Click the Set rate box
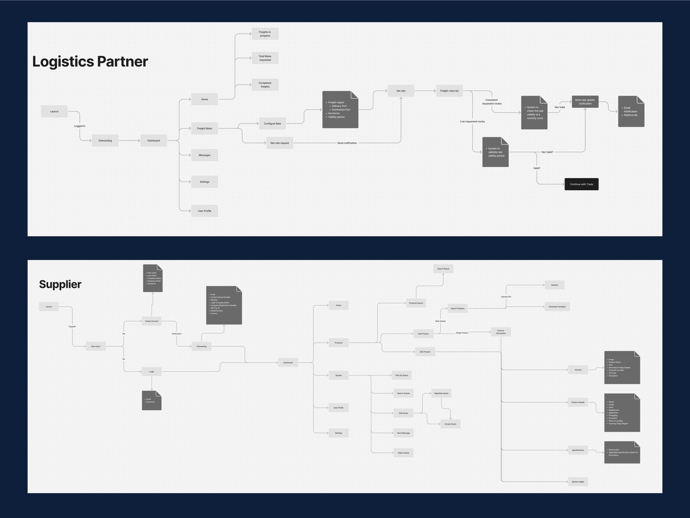click(401, 91)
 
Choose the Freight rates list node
click(449, 91)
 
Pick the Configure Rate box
click(272, 124)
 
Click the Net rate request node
click(279, 143)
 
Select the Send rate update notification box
click(585, 102)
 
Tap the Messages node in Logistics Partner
click(204, 155)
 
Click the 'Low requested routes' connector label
click(472, 121)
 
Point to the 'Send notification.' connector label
click(347, 143)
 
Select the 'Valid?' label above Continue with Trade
click(536, 168)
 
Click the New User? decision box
click(96, 346)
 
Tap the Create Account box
click(152, 321)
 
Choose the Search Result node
click(443, 269)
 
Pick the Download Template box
click(557, 307)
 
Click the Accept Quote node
click(450, 424)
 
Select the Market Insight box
click(578, 482)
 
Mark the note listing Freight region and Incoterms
click(340, 110)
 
